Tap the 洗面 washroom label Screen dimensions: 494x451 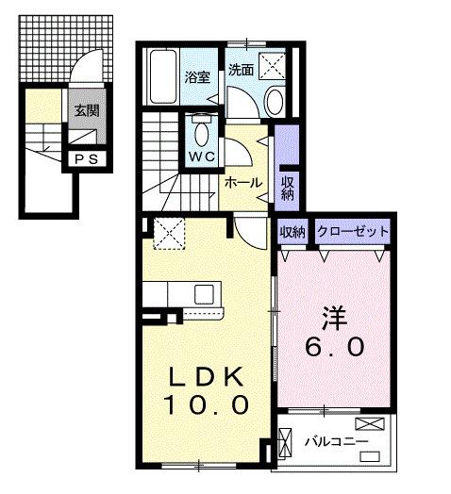tap(241, 70)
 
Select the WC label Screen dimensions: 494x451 tap(201, 155)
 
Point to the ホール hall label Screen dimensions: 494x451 tap(242, 183)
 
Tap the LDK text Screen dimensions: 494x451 tap(209, 376)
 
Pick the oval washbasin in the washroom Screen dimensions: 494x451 tap(274, 101)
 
